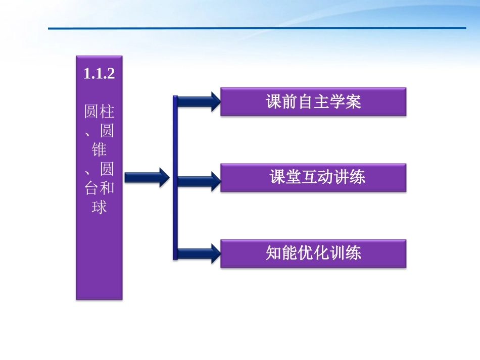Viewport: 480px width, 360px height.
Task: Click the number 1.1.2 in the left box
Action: pos(100,75)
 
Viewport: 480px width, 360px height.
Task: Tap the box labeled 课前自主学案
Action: pos(313,102)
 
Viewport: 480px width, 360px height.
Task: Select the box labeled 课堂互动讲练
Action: pos(313,177)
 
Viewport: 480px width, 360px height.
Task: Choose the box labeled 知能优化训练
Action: pos(313,253)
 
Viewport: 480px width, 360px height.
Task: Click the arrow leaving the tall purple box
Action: pos(147,177)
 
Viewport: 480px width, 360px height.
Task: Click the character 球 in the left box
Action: pos(100,207)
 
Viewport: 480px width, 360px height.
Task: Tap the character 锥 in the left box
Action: pos(100,149)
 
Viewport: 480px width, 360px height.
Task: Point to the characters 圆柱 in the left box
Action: pos(100,111)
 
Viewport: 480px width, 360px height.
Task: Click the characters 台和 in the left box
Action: pos(100,188)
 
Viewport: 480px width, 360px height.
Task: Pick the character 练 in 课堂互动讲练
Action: pos(357,177)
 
